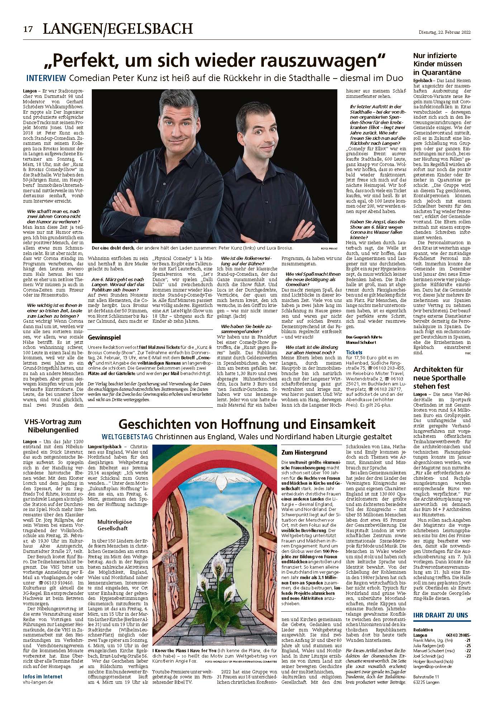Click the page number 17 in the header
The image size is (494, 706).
28,29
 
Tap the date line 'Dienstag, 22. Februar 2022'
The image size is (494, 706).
445,32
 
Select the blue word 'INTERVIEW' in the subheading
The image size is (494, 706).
46,78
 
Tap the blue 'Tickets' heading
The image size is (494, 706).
355,352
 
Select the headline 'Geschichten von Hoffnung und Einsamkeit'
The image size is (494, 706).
247,425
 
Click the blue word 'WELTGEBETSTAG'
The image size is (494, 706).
127,437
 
